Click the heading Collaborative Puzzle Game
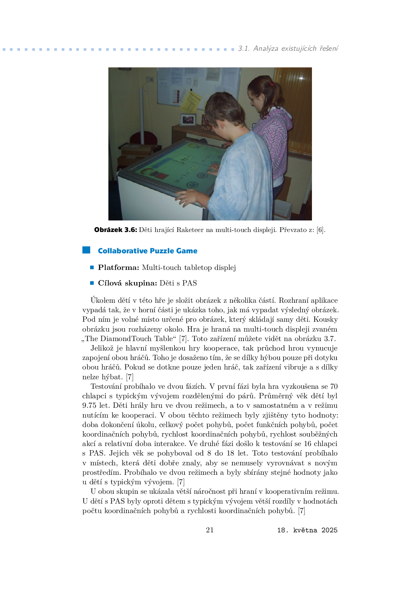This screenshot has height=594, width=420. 147,251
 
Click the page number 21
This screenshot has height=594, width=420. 210,530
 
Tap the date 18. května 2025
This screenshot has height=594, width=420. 307,530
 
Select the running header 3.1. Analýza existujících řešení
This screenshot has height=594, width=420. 288,48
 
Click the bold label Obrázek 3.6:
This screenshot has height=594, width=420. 115,230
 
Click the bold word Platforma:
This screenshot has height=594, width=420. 119,268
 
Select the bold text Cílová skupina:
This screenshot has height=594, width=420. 127,283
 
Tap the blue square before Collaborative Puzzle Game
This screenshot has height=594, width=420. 86,250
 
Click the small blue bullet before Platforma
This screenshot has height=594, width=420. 92,268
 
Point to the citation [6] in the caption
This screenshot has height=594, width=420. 320,230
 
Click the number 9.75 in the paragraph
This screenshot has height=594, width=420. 89,405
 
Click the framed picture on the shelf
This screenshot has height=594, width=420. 188,120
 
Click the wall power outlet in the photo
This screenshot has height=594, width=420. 150,80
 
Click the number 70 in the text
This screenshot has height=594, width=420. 334,386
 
